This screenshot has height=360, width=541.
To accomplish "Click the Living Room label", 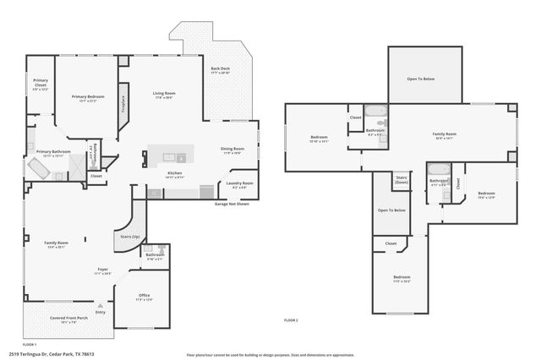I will click(164, 94).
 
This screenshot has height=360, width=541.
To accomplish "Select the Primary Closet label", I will click(41, 83).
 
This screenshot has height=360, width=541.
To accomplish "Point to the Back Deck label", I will click(220, 70).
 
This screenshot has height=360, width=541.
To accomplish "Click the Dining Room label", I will click(232, 150).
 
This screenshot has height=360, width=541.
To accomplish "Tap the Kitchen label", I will click(175, 173).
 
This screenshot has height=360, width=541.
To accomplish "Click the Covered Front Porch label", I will click(63, 319).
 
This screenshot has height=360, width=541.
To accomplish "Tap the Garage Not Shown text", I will click(232, 204).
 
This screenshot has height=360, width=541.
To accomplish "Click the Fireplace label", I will click(123, 104).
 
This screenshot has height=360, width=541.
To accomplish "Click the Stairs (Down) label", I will click(402, 180).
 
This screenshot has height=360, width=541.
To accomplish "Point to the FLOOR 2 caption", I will click(291, 319).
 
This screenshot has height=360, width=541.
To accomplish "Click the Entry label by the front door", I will click(101, 312).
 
